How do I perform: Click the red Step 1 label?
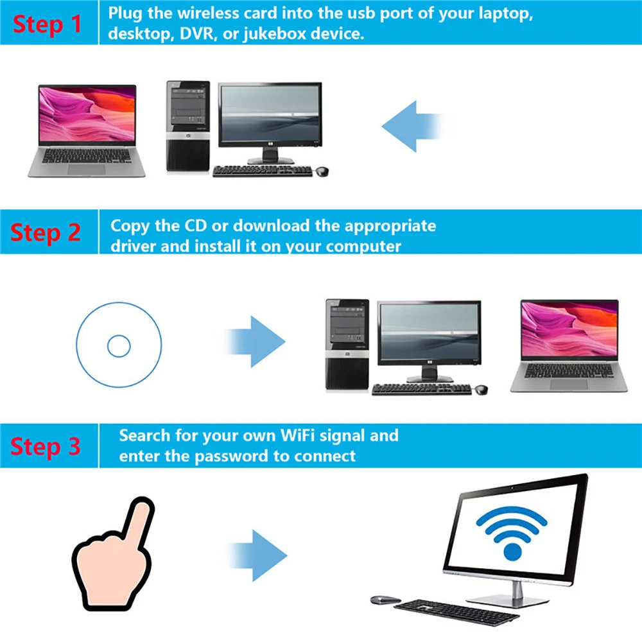(48, 23)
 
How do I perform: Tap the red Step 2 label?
(46, 232)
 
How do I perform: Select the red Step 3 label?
(46, 446)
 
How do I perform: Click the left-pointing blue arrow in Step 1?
(414, 126)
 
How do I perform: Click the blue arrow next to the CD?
(257, 341)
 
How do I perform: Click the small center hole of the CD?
(119, 347)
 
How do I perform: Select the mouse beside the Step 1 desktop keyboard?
(322, 171)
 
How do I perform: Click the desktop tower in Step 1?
(188, 126)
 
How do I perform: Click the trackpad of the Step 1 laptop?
(86, 169)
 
